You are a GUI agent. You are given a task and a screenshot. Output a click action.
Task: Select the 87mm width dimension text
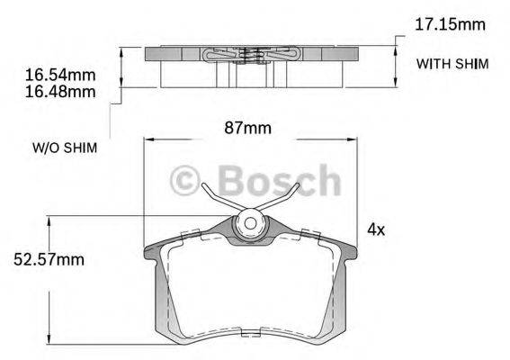click(246, 128)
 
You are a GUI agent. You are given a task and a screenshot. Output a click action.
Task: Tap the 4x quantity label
click(376, 229)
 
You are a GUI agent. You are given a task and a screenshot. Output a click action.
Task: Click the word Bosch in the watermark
click(280, 183)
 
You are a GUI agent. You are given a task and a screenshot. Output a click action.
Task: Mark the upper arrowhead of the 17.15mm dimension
click(397, 38)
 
